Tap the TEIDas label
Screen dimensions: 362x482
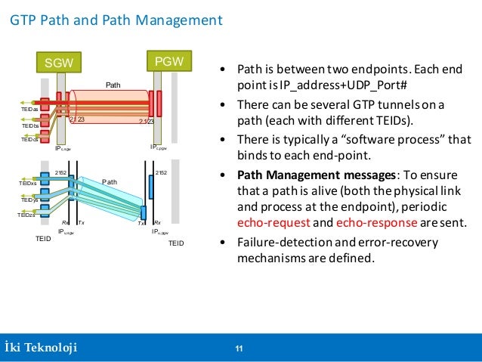(29, 110)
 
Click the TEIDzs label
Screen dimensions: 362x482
(26, 215)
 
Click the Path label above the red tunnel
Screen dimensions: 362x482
(112, 85)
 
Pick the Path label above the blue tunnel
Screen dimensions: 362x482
(110, 181)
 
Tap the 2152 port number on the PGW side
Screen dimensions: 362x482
(161, 174)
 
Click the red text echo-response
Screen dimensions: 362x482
(372, 224)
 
